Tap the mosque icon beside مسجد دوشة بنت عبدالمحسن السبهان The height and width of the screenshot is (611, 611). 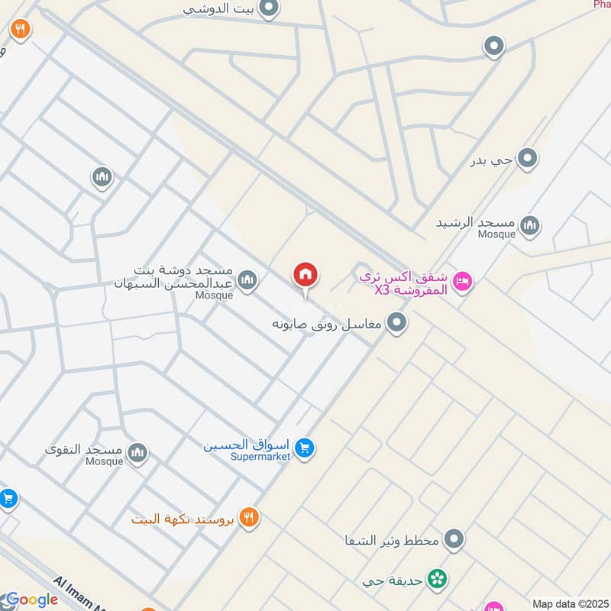(x=247, y=281)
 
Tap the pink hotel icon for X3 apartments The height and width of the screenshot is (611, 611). (x=462, y=283)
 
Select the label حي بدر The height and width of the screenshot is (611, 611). (x=491, y=161)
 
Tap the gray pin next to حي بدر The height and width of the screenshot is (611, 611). (x=527, y=160)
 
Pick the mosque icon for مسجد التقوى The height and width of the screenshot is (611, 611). (x=138, y=453)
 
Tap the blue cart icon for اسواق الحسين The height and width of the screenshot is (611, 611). (x=305, y=448)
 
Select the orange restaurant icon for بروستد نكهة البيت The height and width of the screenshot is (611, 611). (x=248, y=518)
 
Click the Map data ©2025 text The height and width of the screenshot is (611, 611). (x=569, y=603)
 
